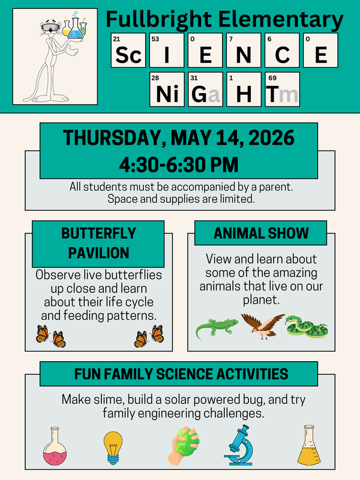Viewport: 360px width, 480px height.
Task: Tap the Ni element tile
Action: [x=167, y=89]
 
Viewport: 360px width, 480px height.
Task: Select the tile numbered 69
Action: [x=282, y=89]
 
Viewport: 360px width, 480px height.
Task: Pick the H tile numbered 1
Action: [x=244, y=89]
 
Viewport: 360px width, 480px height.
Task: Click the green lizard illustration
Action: [x=217, y=328]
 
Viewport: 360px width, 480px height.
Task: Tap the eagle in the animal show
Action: [x=262, y=326]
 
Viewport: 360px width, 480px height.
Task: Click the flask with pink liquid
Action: [x=55, y=447]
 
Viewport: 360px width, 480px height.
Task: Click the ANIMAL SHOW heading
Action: [x=261, y=233]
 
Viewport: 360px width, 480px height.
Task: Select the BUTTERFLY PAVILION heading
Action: [x=98, y=243]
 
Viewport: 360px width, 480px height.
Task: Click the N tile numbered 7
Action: [x=244, y=51]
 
